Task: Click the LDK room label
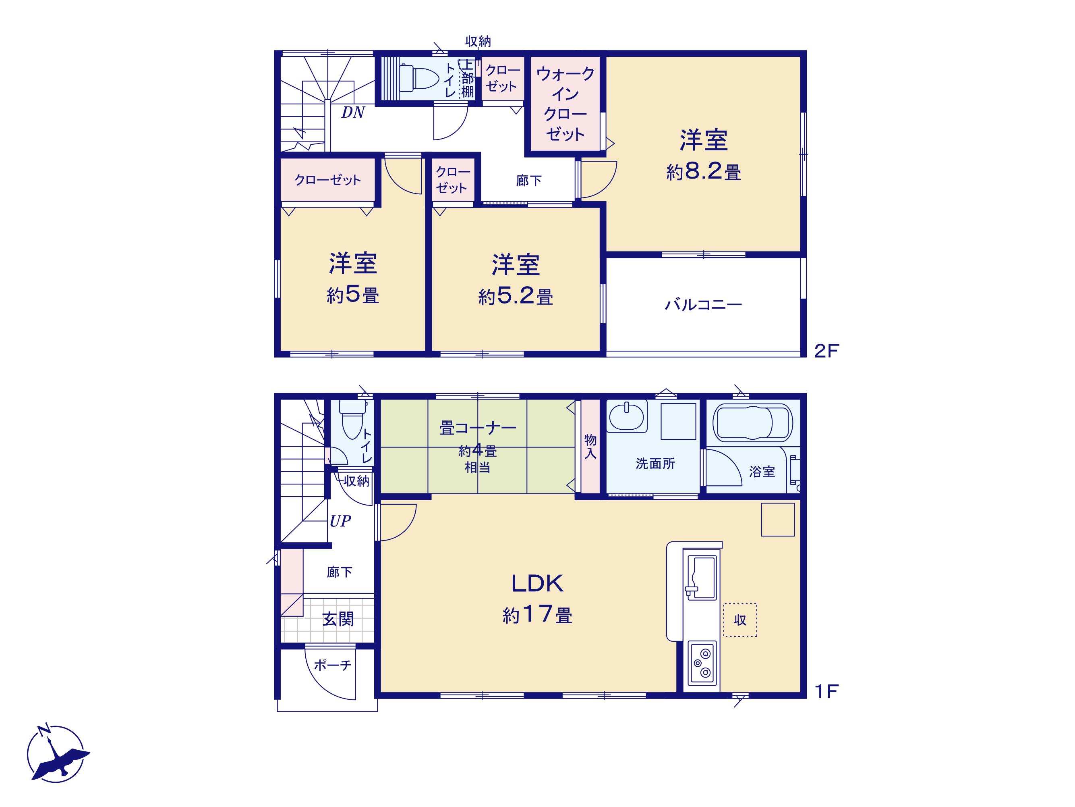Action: (x=537, y=584)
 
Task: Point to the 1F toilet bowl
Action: (x=352, y=419)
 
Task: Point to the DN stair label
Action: (x=353, y=113)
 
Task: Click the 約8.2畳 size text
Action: (x=703, y=172)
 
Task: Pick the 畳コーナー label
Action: (x=478, y=428)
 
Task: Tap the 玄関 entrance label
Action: (x=338, y=619)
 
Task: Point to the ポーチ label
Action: (x=332, y=665)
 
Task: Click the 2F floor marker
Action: (x=826, y=351)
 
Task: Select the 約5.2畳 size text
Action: (x=516, y=296)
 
